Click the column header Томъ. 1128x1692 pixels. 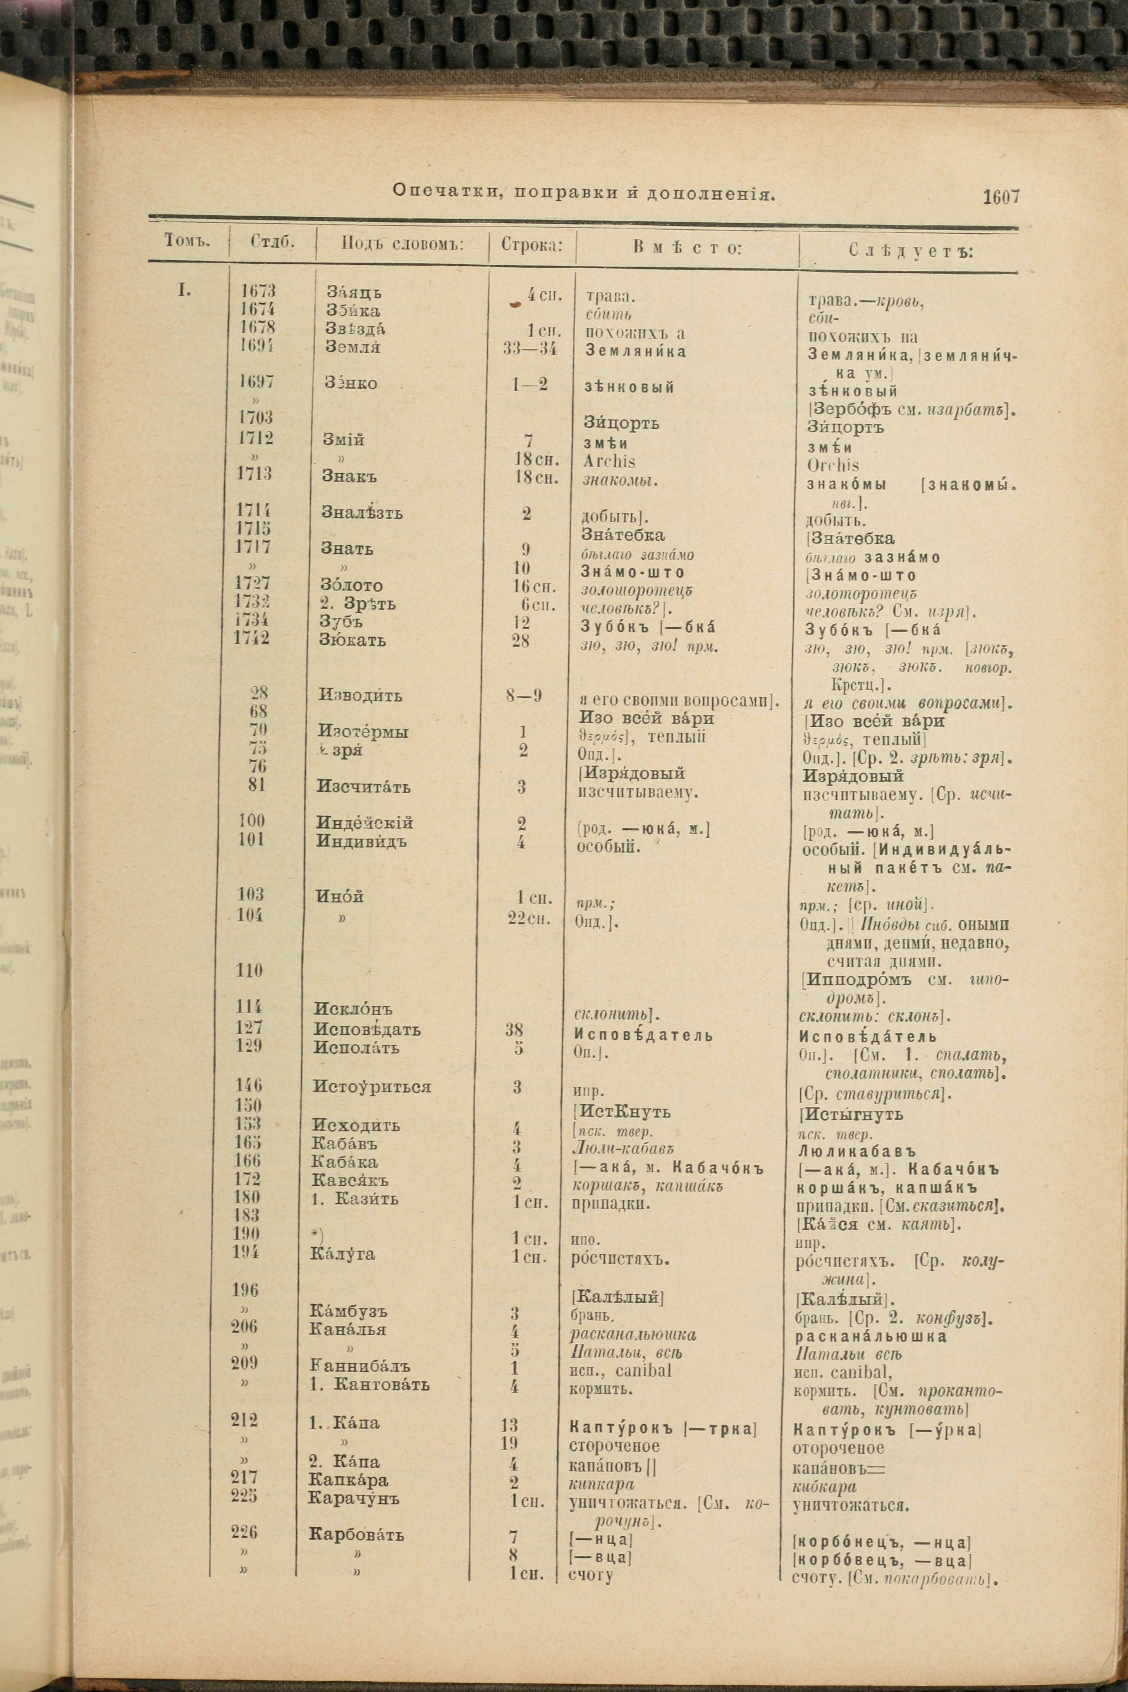coord(187,241)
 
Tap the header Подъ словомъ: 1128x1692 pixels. coord(402,244)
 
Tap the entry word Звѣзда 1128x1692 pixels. coord(355,329)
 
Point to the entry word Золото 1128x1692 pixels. coord(351,585)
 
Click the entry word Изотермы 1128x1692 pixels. coord(363,732)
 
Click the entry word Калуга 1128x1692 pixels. coord(342,1254)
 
